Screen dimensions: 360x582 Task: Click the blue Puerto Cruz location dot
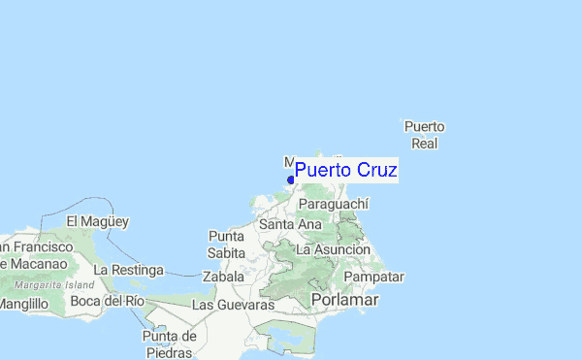291,180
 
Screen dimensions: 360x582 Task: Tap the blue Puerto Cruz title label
345,171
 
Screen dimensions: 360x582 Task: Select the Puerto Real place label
424,135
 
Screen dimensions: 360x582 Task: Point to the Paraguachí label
334,204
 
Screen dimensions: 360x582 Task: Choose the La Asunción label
333,249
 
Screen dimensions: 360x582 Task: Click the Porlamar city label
344,301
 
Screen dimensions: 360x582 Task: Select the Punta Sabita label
226,245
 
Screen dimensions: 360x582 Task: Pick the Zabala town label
224,277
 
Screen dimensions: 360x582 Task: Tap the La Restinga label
128,269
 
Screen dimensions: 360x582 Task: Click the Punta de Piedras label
170,344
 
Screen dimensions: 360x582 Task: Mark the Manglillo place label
23,304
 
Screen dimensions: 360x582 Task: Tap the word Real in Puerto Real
424,144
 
